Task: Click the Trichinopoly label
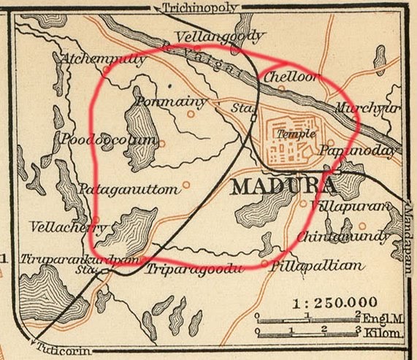(x=191, y=8)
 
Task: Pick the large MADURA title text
(x=283, y=186)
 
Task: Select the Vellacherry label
(x=62, y=227)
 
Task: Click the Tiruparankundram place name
(x=59, y=259)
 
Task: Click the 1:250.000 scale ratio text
(x=334, y=302)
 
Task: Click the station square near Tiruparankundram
(x=107, y=272)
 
